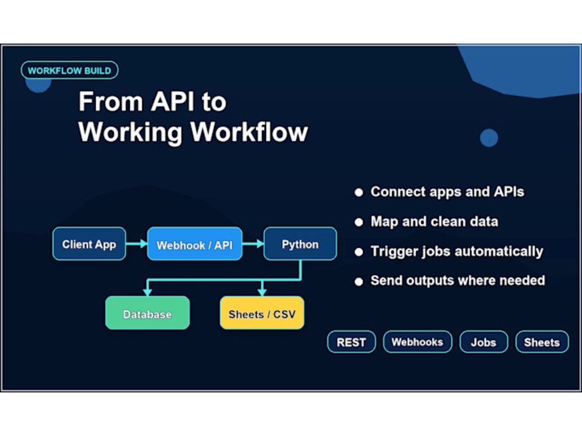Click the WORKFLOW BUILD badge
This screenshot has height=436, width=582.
click(69, 70)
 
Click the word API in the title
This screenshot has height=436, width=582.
click(173, 101)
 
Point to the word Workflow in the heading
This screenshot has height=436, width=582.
click(249, 131)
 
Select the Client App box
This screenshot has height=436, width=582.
click(89, 244)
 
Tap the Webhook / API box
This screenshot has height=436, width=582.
click(194, 244)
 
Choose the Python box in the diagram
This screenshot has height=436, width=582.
click(300, 244)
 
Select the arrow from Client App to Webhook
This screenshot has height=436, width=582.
click(137, 244)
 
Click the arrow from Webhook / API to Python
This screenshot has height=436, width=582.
click(253, 244)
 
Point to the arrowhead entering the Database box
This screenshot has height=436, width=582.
click(147, 292)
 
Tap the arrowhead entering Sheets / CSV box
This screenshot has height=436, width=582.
click(262, 292)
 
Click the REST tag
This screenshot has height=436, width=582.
click(351, 342)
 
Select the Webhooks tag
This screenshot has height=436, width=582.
click(417, 342)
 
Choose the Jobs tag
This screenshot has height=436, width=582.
click(484, 342)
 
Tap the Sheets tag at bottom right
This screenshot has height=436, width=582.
click(542, 342)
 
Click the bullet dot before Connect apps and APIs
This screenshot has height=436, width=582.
click(359, 192)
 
